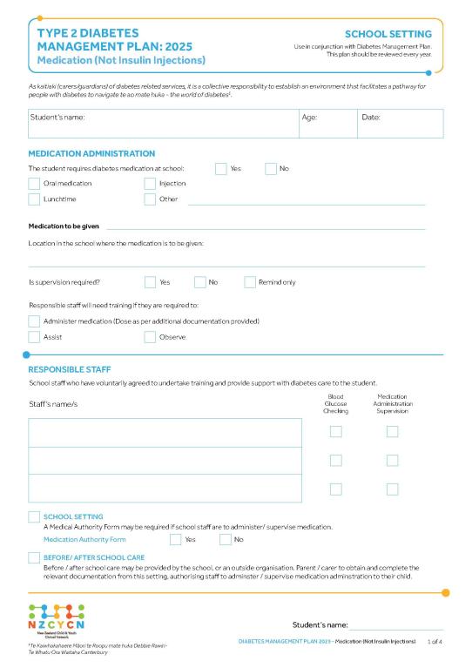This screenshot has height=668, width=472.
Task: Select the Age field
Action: (327, 124)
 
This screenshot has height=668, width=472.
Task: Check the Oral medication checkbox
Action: (34, 184)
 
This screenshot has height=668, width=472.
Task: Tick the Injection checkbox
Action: (150, 184)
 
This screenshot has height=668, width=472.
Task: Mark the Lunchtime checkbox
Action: (34, 199)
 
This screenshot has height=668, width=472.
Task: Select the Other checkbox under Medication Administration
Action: (150, 199)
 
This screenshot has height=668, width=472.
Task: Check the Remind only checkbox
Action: (250, 282)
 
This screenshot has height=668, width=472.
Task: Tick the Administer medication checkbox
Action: (34, 321)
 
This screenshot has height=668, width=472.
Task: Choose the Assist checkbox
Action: (34, 337)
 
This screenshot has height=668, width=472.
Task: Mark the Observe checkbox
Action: (150, 337)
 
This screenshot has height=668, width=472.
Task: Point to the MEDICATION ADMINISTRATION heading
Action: (91, 153)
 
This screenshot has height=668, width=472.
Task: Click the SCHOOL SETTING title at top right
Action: (388, 34)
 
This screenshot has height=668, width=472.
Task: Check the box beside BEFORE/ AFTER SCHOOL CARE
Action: (34, 557)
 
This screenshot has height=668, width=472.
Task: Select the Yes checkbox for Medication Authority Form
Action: (174, 540)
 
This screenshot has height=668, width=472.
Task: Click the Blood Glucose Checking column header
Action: (335, 403)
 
